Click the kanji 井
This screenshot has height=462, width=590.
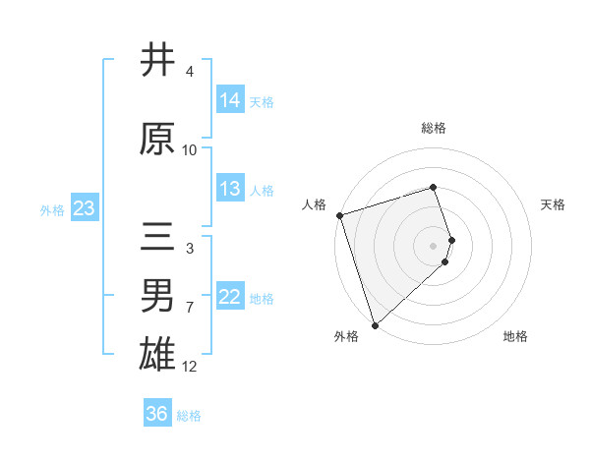tap(158, 61)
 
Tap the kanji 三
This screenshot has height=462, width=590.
tap(158, 240)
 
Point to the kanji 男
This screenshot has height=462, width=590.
tap(158, 295)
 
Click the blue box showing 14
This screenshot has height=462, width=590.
tap(230, 100)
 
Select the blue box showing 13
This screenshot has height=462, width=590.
tap(230, 190)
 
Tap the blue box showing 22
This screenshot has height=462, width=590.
tap(230, 298)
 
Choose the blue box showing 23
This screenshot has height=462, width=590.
tap(84, 208)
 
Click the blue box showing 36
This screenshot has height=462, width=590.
tap(157, 414)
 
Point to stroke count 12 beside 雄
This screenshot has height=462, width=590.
tap(190, 367)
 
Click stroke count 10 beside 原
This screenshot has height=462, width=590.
tap(190, 150)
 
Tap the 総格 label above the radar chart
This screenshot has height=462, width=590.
tap(434, 128)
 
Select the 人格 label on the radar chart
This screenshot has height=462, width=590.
tap(315, 204)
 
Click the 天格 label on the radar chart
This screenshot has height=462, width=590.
tap(554, 204)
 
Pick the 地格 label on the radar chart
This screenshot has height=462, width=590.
tap(515, 336)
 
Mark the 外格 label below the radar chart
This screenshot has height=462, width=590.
tap(346, 336)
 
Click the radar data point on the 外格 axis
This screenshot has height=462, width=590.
tap(375, 323)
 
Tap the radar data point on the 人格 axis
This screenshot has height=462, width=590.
tap(339, 215)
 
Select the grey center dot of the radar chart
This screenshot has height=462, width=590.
tap(434, 245)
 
